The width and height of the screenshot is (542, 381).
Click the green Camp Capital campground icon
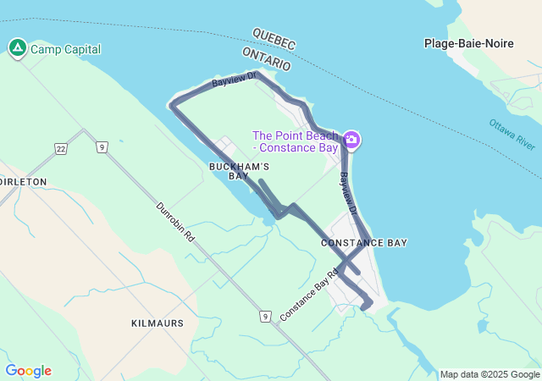click(17, 48)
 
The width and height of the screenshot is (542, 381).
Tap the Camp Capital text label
click(65, 49)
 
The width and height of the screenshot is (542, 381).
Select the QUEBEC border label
click(274, 38)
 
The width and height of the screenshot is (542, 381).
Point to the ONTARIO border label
click(266, 58)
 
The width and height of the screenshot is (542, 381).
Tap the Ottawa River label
click(512, 135)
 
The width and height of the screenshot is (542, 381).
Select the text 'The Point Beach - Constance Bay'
click(296, 141)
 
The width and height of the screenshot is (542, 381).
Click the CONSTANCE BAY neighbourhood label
click(364, 243)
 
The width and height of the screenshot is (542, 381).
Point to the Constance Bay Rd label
click(309, 295)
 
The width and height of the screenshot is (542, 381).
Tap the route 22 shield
click(60, 149)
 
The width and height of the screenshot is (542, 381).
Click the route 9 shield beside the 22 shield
click(101, 148)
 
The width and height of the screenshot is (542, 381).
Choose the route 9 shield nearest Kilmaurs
click(265, 316)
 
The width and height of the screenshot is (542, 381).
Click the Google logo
click(28, 371)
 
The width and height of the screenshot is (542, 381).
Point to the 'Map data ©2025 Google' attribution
click(489, 374)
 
